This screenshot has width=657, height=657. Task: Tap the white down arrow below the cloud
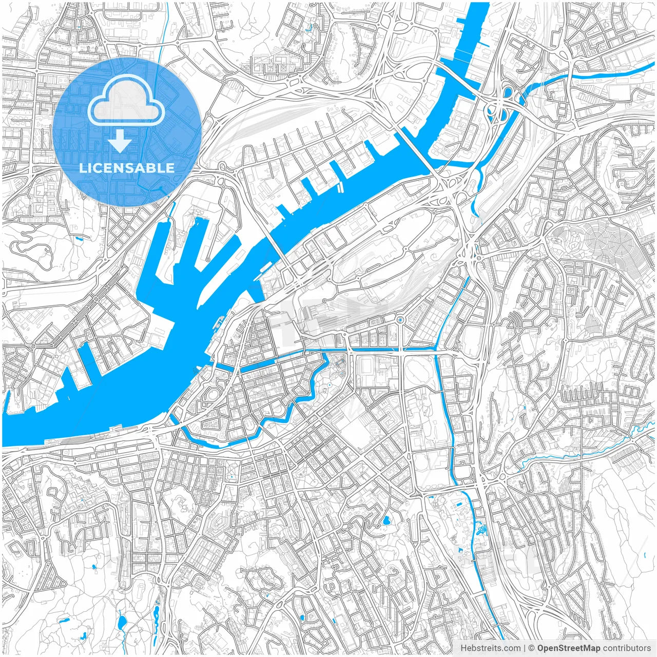tap(120, 141)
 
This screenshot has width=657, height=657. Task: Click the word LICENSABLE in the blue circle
tap(127, 168)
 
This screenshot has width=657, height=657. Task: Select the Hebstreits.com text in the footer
tap(490, 648)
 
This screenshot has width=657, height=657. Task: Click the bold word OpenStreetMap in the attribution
tap(568, 648)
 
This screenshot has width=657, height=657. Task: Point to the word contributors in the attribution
tap(626, 648)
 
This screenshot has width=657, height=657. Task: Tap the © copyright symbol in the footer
tap(532, 648)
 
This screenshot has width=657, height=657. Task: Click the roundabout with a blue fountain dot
tap(400, 319)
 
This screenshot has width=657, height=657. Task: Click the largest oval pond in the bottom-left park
tap(122, 623)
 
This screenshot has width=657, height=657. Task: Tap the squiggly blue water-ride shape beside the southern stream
tap(481, 528)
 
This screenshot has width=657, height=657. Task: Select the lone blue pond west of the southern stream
tap(386, 520)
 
